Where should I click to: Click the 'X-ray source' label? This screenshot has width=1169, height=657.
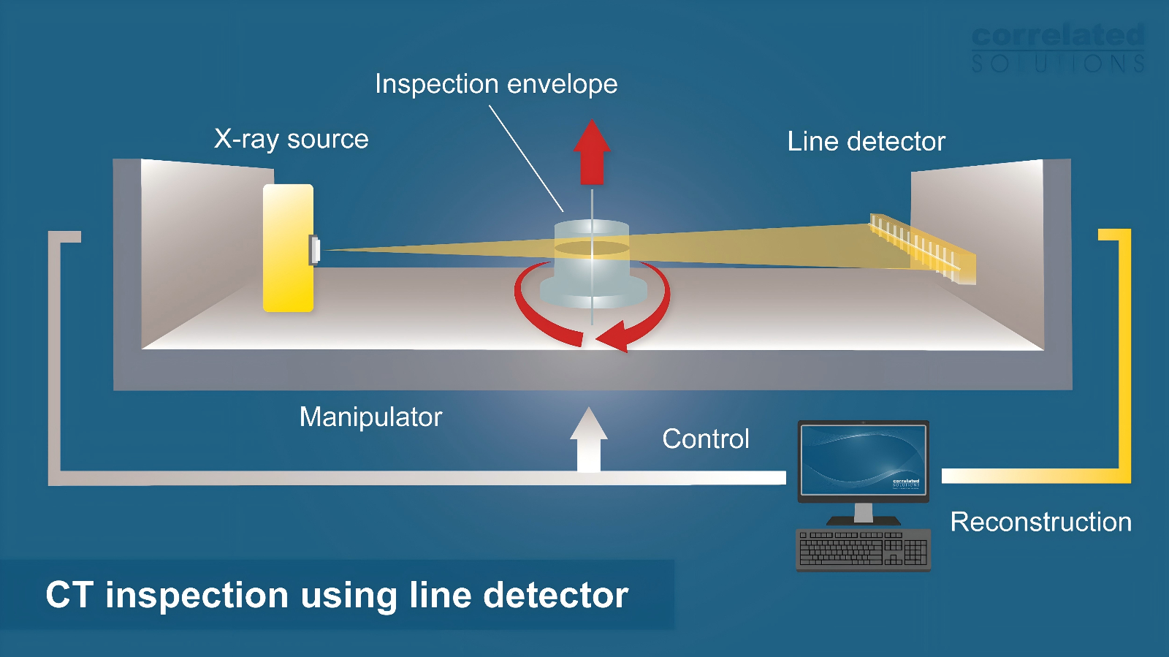tap(291, 139)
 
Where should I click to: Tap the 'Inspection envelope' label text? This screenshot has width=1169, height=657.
tap(496, 84)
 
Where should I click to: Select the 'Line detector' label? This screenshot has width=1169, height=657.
tap(866, 141)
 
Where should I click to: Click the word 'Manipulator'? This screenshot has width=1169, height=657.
tap(370, 417)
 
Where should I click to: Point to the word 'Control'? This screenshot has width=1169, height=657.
tap(705, 438)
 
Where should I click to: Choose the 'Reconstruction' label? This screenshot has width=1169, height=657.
tap(1040, 522)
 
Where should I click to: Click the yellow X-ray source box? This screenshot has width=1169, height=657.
tap(288, 248)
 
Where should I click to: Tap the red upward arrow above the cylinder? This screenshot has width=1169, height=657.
tap(591, 151)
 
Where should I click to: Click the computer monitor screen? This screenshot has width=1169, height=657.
tap(863, 460)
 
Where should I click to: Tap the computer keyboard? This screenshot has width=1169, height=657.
tap(863, 548)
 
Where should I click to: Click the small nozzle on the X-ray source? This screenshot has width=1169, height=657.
tap(315, 250)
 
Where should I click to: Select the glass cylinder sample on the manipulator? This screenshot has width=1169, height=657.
tap(592, 256)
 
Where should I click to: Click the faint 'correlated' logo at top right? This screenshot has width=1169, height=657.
tap(1057, 36)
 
